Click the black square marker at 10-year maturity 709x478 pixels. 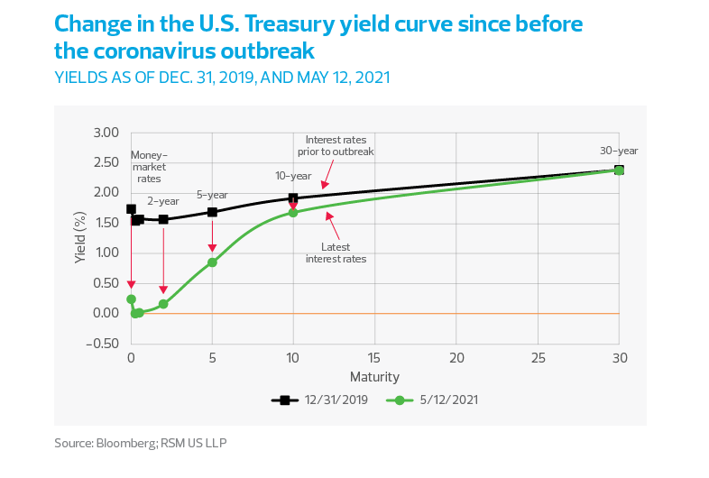[x=293, y=198]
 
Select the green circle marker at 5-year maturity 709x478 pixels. [x=212, y=262]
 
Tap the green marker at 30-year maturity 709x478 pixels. [x=619, y=170]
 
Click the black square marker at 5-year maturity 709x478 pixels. [x=212, y=213]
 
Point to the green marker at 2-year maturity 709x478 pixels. [x=163, y=304]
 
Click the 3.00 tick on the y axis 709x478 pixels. [x=106, y=133]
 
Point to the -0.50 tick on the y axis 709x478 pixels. [x=104, y=344]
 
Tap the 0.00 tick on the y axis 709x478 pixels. [x=106, y=313]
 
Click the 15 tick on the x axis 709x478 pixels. [x=374, y=357]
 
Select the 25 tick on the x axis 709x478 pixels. [x=538, y=357]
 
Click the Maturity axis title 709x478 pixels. [x=374, y=375]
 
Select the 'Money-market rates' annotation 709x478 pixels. [x=150, y=166]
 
